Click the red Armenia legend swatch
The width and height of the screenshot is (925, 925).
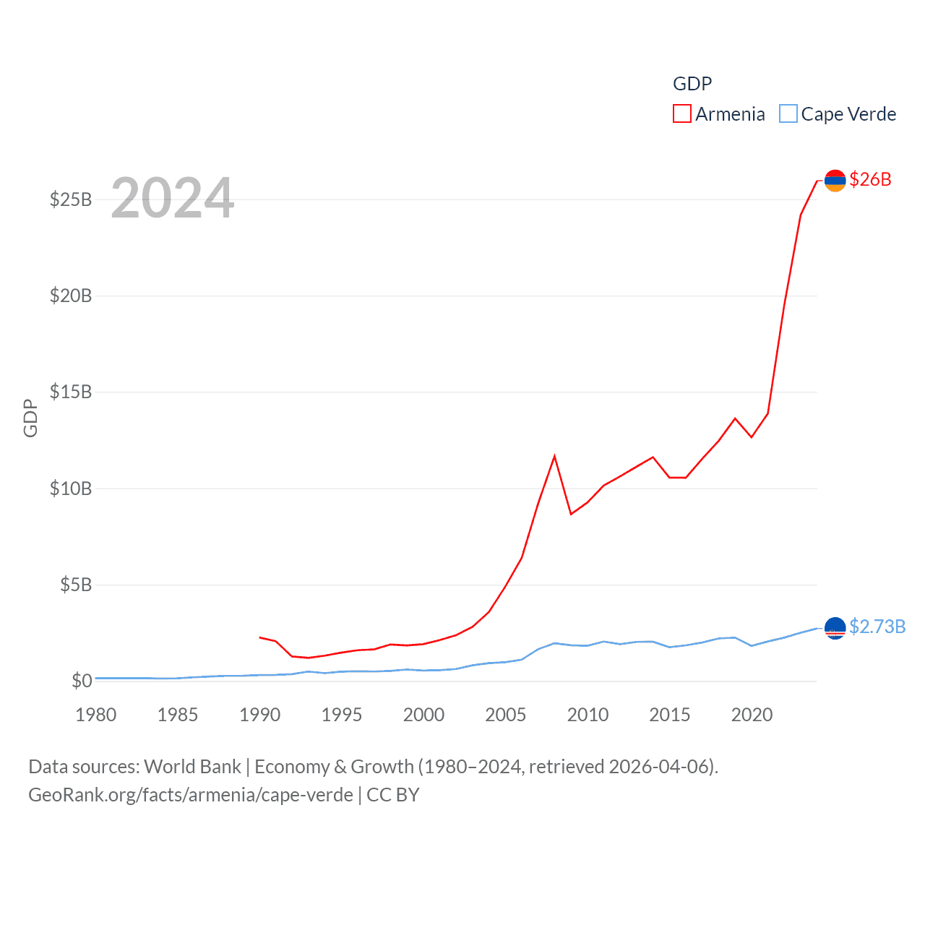coord(681,114)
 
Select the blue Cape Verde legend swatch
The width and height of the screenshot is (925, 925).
coord(788,114)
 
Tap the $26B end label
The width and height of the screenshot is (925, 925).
coord(870,179)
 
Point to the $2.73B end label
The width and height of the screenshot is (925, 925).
coord(877,627)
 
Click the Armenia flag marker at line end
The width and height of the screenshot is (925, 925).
coord(835,181)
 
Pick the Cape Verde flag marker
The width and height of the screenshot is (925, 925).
coord(835,628)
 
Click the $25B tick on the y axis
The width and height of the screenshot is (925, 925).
coord(70,199)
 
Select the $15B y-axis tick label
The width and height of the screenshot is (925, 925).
coord(70,392)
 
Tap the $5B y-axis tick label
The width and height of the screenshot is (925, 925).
coord(75,585)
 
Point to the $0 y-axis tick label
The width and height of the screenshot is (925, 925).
coord(82,681)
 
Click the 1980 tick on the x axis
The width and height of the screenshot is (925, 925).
coord(95,715)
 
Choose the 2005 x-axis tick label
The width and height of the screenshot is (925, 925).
coord(505,715)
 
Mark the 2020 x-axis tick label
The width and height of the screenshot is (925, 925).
coord(752,715)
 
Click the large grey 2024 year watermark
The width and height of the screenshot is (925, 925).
coord(172,198)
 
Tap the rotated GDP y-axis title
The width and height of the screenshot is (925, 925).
coord(30,418)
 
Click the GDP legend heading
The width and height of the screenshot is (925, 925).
coord(692,84)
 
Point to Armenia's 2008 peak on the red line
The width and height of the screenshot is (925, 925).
coord(554,456)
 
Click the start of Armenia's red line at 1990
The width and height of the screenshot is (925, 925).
coord(259,637)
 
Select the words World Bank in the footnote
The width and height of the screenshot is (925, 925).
coord(192,766)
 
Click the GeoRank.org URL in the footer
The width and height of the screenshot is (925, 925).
coord(191,795)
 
